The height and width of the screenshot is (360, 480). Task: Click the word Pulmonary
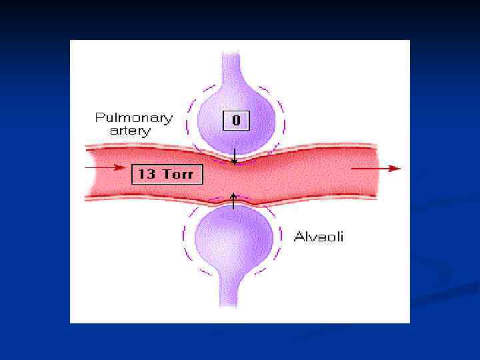point(133,118)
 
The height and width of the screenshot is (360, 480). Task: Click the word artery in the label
point(130,131)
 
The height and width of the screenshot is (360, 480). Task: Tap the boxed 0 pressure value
point(235,121)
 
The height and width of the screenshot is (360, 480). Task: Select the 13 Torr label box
point(166,175)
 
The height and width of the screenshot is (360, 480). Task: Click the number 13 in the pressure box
point(146,175)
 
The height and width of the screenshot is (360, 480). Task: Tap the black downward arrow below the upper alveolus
point(234,157)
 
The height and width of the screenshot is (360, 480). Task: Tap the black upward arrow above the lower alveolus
point(233,199)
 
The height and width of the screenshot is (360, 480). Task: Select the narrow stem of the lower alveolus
point(233,290)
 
